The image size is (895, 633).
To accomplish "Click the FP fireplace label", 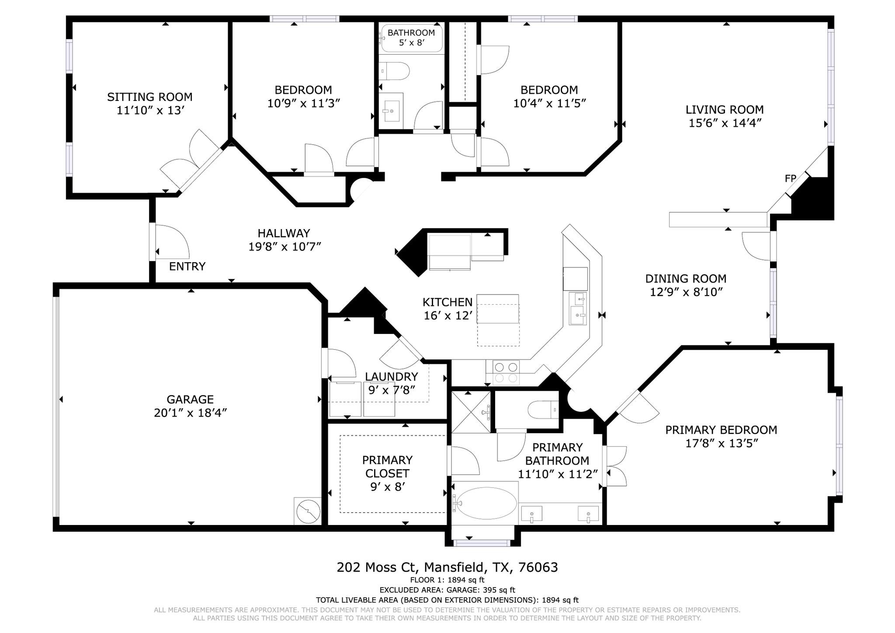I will pyautogui.click(x=790, y=178).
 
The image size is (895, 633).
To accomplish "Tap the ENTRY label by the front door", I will pyautogui.click(x=187, y=267).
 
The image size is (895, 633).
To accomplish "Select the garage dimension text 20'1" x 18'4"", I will pyautogui.click(x=190, y=413).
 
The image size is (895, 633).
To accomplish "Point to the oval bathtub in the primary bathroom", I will pyautogui.click(x=485, y=503).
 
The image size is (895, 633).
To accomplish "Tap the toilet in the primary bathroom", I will pyautogui.click(x=542, y=410).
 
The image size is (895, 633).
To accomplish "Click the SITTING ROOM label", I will pyautogui.click(x=150, y=97).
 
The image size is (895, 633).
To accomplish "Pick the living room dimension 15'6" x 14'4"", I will pyautogui.click(x=725, y=123).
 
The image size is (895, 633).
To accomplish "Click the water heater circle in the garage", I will pyautogui.click(x=308, y=511).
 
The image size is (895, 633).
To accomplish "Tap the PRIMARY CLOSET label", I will pyautogui.click(x=387, y=466).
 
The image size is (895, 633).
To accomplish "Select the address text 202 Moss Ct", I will pyautogui.click(x=378, y=567).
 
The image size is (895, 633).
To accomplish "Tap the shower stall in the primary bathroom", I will pyautogui.click(x=471, y=412).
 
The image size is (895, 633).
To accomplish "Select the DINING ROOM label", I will pyautogui.click(x=685, y=279).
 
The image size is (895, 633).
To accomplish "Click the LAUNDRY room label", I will pyautogui.click(x=392, y=377).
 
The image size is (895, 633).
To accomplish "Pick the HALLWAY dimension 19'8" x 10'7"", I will pyautogui.click(x=284, y=247).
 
